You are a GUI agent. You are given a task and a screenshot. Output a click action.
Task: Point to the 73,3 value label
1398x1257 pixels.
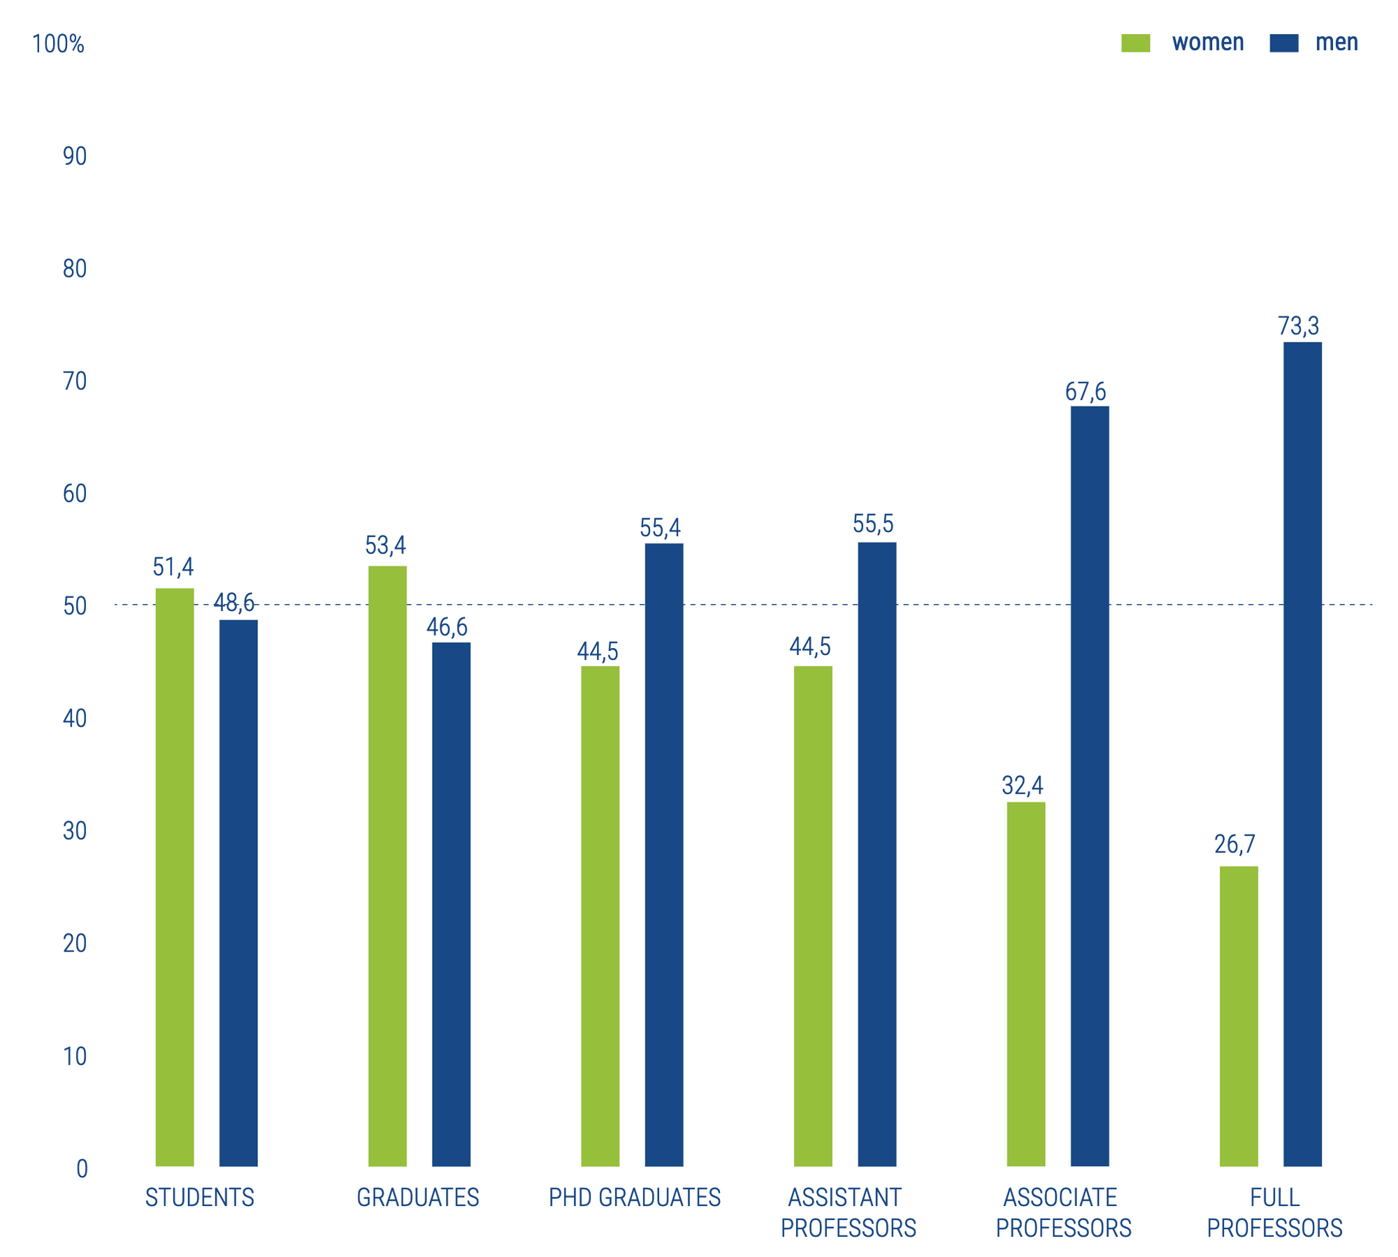pos(1299,326)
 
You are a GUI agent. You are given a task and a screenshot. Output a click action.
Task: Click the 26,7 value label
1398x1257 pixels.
pos(1235,845)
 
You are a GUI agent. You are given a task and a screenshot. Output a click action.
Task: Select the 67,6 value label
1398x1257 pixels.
pos(1086,392)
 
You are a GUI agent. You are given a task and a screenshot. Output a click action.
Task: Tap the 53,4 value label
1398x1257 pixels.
pos(385,545)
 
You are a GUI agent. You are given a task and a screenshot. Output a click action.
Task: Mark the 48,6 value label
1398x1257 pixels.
pos(234,603)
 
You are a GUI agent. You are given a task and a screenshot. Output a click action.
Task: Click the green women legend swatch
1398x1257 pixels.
pos(1136,43)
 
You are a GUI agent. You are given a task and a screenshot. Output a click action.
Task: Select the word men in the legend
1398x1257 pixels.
pos(1336,43)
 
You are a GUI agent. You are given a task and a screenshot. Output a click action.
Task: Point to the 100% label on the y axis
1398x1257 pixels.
pos(58,44)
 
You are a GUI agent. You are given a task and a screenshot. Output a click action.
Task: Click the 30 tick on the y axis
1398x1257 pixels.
pos(75,831)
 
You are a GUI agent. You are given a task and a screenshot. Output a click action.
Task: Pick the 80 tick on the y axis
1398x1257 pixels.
pos(75,269)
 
